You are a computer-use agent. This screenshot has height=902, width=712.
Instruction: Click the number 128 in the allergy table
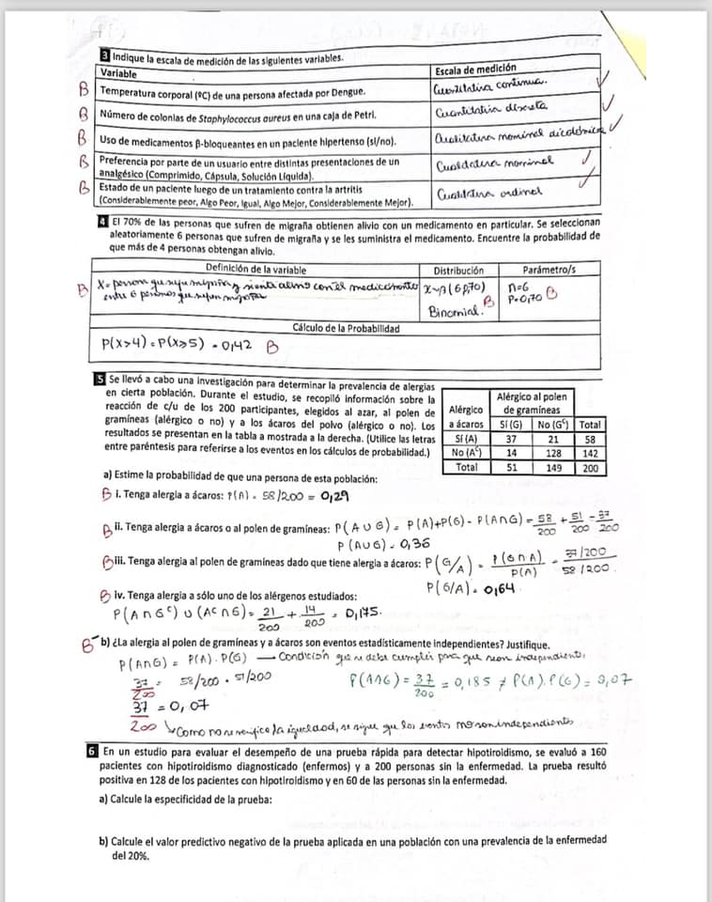pos(549,453)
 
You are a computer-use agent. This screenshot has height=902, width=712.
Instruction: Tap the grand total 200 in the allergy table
pos(589,467)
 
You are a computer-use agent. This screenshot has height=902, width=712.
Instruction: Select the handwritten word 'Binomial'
pos(455,310)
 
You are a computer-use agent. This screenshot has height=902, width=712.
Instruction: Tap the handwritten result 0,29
pos(338,496)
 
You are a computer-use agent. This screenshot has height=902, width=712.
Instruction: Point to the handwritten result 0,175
pos(364,613)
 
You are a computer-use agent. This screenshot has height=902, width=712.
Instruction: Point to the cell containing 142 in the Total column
pos(589,453)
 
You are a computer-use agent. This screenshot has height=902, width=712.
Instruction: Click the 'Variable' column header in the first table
pos(118,73)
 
